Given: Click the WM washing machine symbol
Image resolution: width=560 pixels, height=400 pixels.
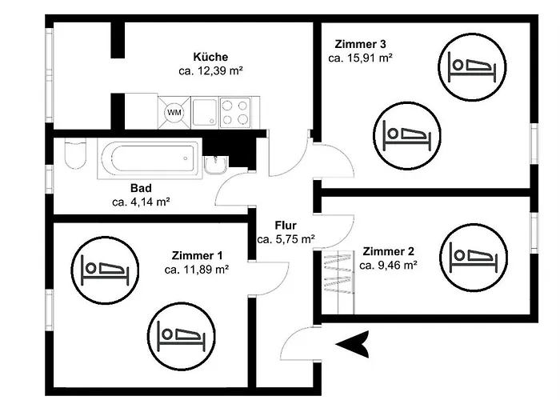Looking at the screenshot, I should click(174, 113).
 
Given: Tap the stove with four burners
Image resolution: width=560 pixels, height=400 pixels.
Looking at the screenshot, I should click(234, 112).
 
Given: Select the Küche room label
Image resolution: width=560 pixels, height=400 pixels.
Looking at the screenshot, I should click(210, 57).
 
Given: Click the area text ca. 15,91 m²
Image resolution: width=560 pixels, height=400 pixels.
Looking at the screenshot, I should click(360, 58).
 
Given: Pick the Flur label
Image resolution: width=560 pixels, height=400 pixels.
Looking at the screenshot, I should click(286, 226).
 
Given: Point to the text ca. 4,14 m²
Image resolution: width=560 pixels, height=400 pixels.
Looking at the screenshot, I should click(141, 202).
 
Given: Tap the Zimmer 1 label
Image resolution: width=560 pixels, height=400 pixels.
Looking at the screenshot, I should click(197, 256).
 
